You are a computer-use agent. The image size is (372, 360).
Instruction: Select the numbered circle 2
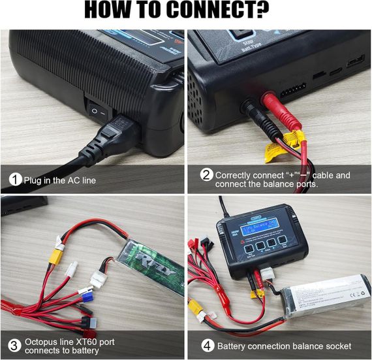tap(206, 175)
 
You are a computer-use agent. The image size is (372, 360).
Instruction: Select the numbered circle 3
tap(14, 345)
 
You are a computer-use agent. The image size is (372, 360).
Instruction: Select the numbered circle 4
tap(206, 346)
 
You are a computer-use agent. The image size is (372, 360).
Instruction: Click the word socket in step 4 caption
tap(337, 346)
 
